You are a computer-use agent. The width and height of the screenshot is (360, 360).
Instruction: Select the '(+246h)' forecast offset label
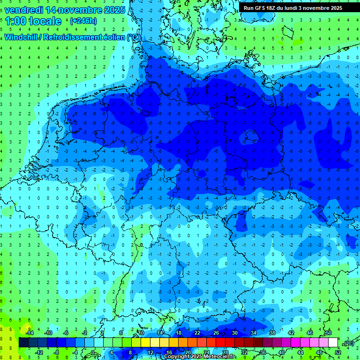pyautogui.click(x=83, y=21)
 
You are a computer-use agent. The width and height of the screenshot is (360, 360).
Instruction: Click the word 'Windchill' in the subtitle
pyautogui.click(x=21, y=37)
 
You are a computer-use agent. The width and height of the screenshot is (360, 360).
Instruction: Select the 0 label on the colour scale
pyautogui.click(x=93, y=352)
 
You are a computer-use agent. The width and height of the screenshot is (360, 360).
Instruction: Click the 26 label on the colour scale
pyautogui.click(x=216, y=332)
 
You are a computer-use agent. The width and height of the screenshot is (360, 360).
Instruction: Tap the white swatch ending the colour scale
pyautogui.click(x=333, y=343)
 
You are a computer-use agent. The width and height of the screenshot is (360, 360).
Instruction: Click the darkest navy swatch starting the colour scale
pyautogui.click(x=23, y=343)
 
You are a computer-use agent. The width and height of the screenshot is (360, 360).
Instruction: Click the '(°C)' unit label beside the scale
pyautogui.click(x=349, y=343)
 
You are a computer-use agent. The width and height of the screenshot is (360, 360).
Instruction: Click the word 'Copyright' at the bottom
pyautogui.click(x=178, y=357)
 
